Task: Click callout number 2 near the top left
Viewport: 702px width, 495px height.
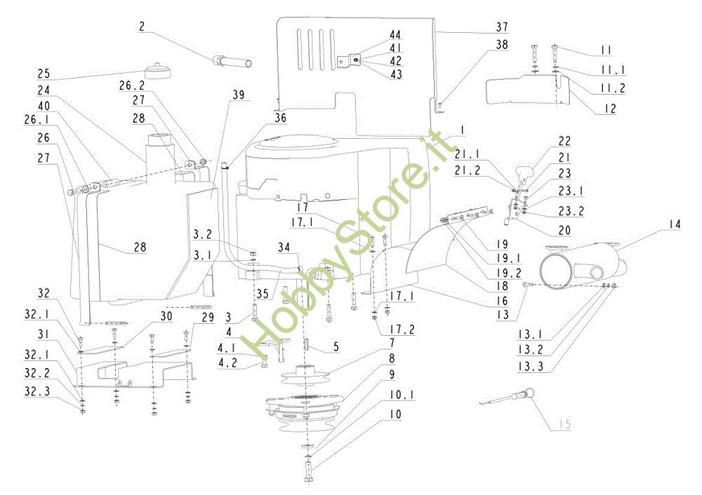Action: pyautogui.click(x=142, y=27)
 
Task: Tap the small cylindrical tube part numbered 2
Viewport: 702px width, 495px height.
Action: pyautogui.click(x=232, y=62)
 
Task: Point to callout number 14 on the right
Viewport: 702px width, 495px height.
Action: pyautogui.click(x=675, y=224)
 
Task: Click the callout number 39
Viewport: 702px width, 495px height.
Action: pyautogui.click(x=239, y=95)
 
